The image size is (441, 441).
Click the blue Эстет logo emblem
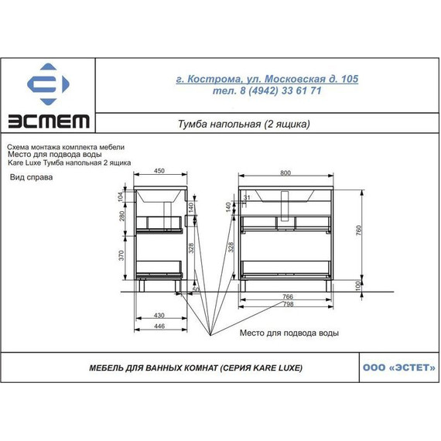48,84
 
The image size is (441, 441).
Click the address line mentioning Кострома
267,79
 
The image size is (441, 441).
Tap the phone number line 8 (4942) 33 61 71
267,91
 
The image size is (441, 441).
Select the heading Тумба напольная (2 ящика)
244,124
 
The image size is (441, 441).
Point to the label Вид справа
31,177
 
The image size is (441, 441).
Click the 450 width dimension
159,171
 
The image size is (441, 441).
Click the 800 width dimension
285,173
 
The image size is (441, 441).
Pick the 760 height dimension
358,231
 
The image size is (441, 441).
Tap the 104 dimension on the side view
121,197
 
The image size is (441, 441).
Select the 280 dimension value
121,216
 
